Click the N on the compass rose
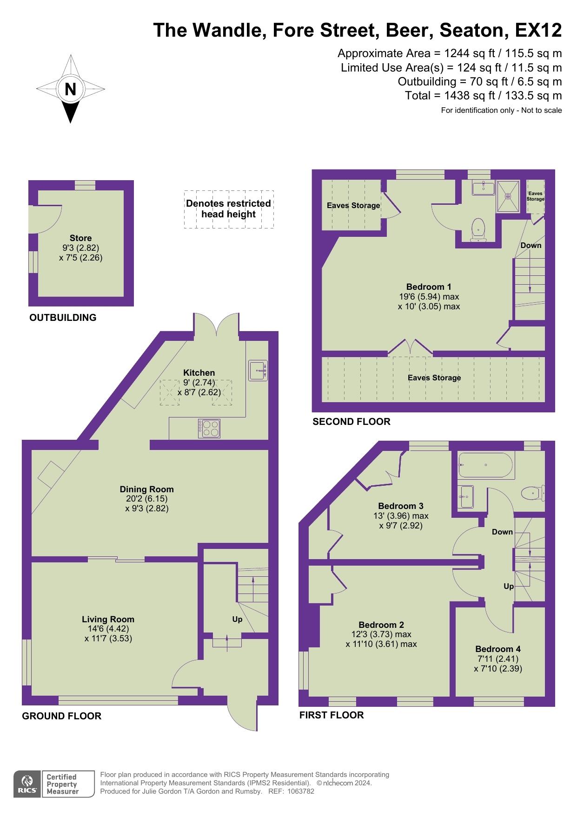point(70,89)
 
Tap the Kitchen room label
point(199,372)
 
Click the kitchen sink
point(258,371)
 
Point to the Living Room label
point(108,619)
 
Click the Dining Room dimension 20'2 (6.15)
point(146,499)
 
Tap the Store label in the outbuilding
point(81,238)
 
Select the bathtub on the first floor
point(485,465)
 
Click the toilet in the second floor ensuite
point(478,230)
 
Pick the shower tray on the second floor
point(508,196)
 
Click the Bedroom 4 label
point(498,649)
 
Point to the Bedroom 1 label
point(429,287)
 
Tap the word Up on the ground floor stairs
point(237,619)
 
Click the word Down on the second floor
point(531,245)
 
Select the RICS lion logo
point(27,784)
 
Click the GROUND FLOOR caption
point(62,716)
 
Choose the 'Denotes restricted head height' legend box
point(228,209)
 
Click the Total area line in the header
point(484,96)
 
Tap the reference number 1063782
point(300,791)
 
